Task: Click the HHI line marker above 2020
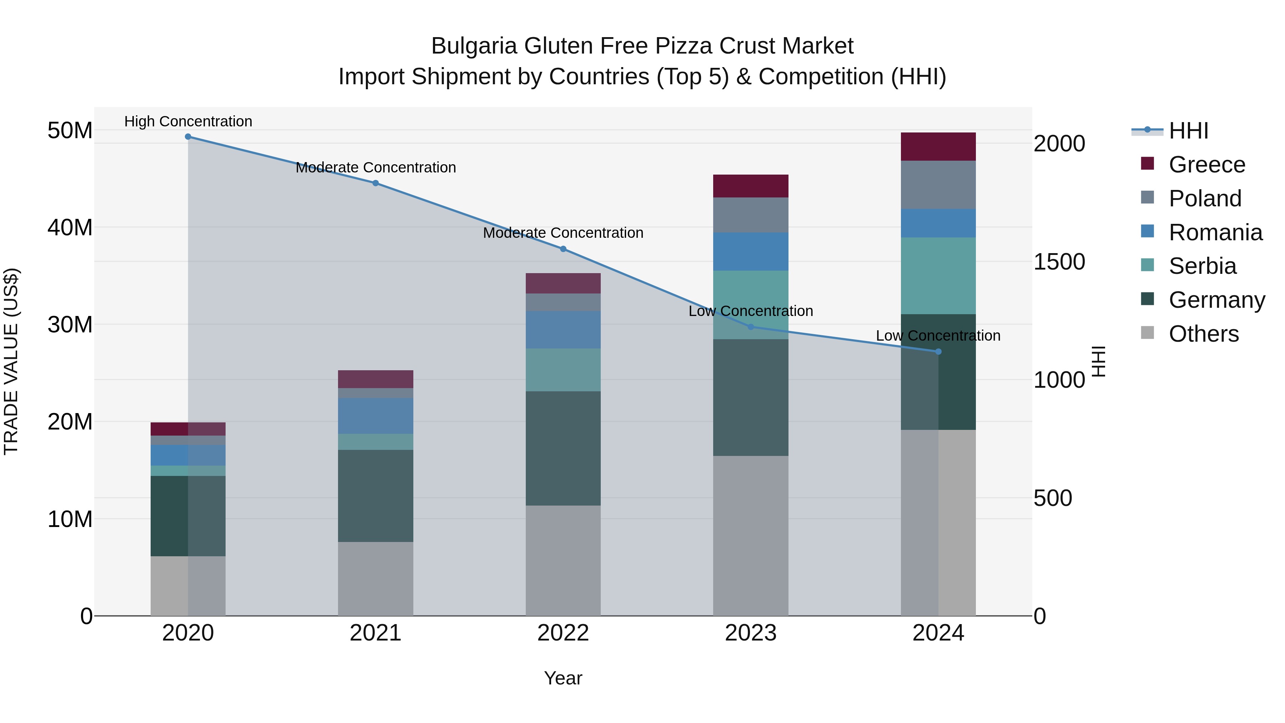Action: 188,137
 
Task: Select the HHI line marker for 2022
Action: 563,249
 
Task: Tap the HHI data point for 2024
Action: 938,352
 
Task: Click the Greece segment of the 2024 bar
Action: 938,147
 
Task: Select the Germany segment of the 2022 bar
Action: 563,448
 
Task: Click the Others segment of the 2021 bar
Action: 376,579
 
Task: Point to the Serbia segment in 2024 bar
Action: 938,276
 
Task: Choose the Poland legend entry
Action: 1205,199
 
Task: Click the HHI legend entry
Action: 1188,131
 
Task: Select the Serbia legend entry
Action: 1202,266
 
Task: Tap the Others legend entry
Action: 1203,334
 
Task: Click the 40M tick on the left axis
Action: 70,227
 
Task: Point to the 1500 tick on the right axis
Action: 1059,262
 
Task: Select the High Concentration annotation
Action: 188,122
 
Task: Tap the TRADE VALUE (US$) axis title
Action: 11,361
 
